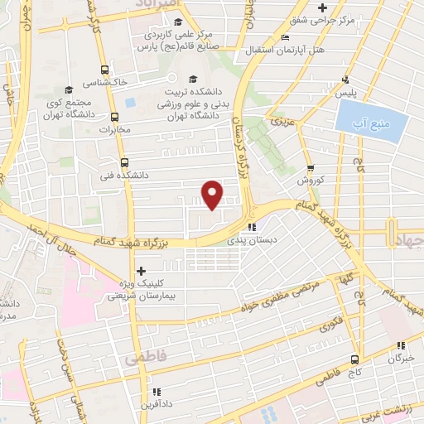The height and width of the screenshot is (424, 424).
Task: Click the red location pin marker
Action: (x=214, y=195)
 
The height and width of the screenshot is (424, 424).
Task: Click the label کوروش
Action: (x=310, y=180)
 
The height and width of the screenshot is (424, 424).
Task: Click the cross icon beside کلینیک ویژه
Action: (x=142, y=270)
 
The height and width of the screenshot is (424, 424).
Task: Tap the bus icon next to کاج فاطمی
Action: (x=354, y=359)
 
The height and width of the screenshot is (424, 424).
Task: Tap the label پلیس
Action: (x=346, y=94)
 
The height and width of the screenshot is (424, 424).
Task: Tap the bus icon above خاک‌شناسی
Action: (x=104, y=70)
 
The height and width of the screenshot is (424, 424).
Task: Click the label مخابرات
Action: (x=116, y=130)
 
